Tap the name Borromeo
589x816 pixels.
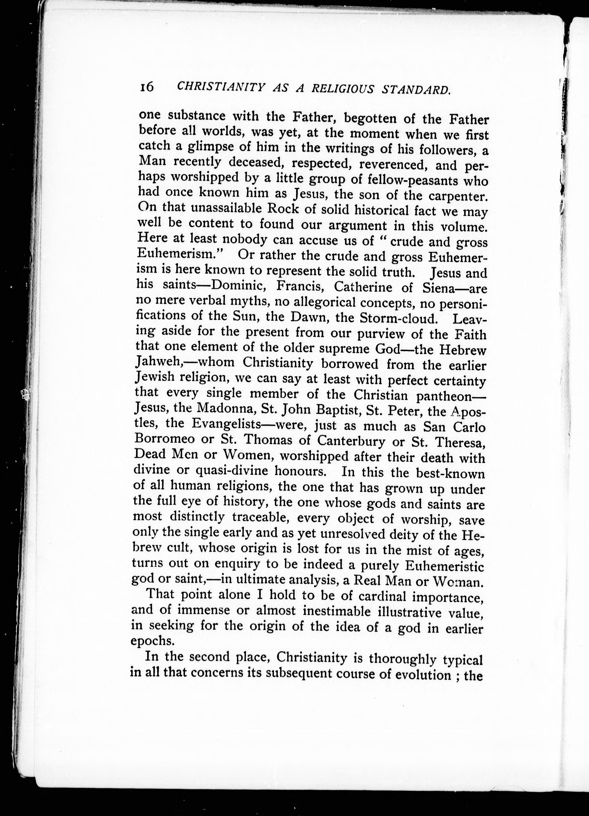pos(165,439)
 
